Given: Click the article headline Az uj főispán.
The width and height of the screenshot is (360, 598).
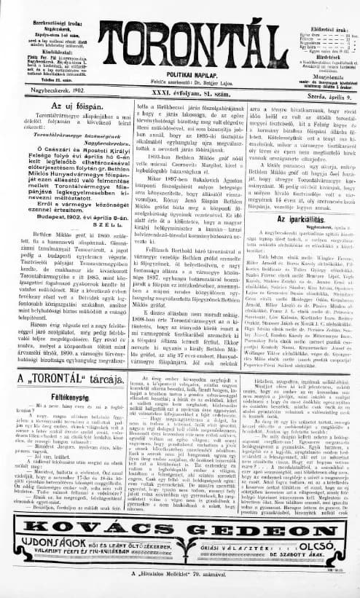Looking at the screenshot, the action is (52, 107).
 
